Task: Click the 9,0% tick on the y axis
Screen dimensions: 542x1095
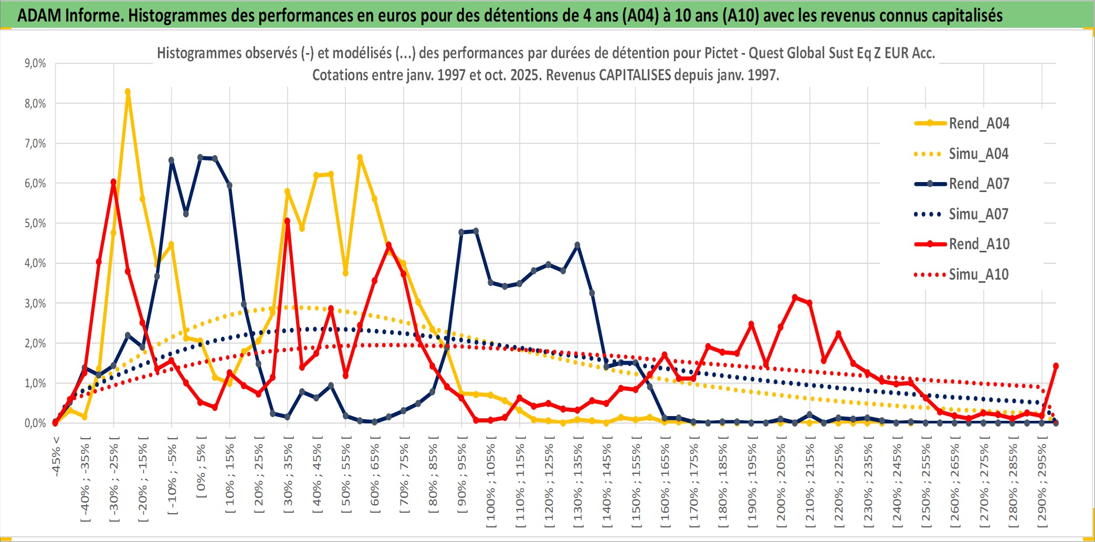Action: pyautogui.click(x=35, y=63)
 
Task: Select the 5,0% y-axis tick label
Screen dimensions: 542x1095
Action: pyautogui.click(x=35, y=224)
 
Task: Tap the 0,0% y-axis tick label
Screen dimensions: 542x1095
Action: pyautogui.click(x=35, y=423)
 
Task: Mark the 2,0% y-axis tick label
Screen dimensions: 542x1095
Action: pyautogui.click(x=35, y=344)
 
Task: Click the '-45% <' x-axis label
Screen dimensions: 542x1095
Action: pyautogui.click(x=56, y=456)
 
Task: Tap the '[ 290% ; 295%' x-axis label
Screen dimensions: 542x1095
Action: pyautogui.click(x=1042, y=483)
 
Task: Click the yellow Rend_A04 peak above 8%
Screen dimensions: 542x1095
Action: pyautogui.click(x=128, y=92)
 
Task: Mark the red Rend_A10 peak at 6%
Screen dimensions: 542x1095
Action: pyautogui.click(x=113, y=182)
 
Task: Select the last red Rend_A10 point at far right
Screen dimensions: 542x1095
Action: pyautogui.click(x=1056, y=366)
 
